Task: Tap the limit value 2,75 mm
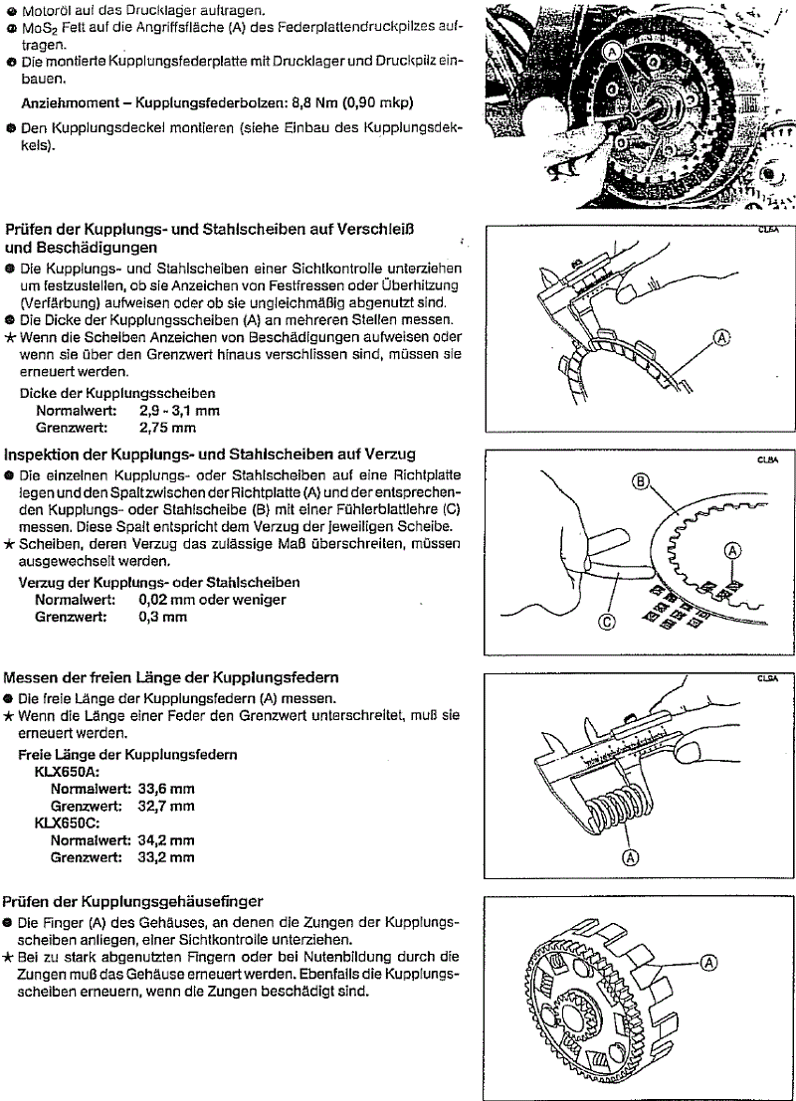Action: coord(167,429)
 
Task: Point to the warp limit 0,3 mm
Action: coord(162,617)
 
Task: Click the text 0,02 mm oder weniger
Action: coord(212,600)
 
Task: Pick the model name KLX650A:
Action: coord(72,770)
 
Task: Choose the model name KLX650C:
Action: coord(72,823)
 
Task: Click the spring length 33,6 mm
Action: coord(166,788)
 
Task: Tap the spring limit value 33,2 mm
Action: coord(166,857)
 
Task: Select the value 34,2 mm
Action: coord(166,840)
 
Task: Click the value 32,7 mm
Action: coord(166,805)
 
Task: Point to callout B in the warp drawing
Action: coord(640,483)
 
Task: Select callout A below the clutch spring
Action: coord(629,858)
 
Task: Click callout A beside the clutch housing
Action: coord(708,962)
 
